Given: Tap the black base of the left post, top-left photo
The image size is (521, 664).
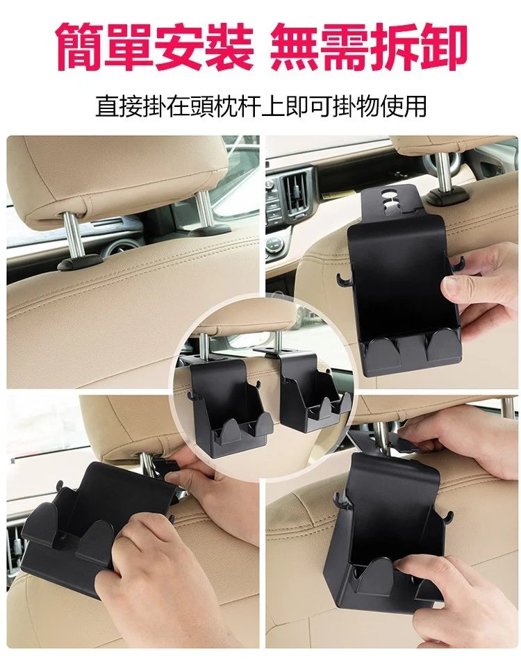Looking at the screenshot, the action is pos(80,262).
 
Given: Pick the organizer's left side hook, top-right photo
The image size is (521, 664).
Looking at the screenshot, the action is pos(345,280).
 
